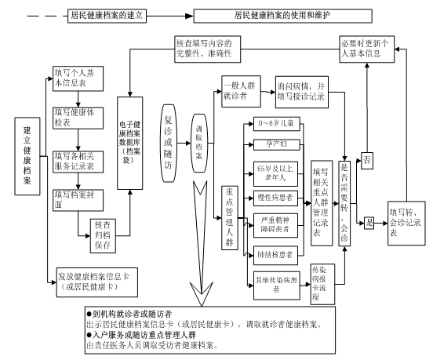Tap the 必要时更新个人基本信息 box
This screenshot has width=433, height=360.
tap(366, 49)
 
